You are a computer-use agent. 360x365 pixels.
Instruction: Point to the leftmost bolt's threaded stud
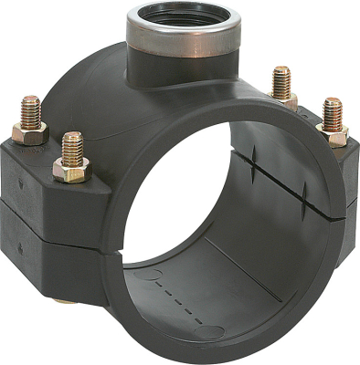pos(31,109)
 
